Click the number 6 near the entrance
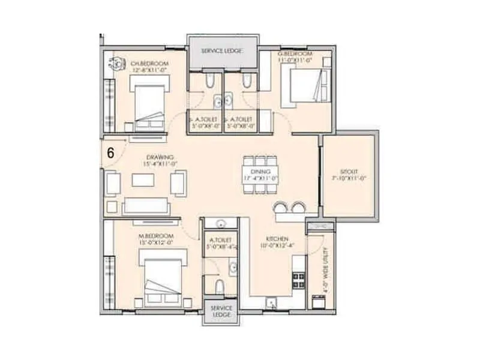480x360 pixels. click(110, 152)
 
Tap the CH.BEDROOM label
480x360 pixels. click(150, 63)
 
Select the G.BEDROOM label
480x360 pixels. click(294, 53)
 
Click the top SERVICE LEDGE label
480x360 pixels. click(221, 51)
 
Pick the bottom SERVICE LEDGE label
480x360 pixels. click(221, 311)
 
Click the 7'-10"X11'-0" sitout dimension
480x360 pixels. click(348, 178)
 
